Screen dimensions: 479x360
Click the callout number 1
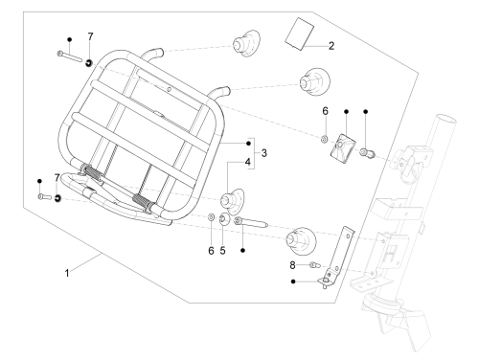click(67, 274)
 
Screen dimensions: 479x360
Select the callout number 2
click(331, 46)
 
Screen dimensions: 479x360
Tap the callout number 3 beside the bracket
click(263, 153)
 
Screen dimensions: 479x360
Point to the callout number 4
click(248, 162)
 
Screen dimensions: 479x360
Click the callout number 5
click(222, 251)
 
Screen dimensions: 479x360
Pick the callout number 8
click(292, 265)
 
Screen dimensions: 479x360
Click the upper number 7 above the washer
click(90, 37)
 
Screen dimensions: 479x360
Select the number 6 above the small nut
click(325, 111)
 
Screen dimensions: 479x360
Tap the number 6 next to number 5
click(211, 251)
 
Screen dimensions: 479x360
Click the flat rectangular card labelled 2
click(299, 34)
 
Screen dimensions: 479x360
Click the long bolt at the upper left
click(70, 56)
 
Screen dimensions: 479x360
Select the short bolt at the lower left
click(45, 197)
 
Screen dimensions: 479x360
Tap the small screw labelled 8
click(314, 265)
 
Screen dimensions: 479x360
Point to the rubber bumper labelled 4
click(232, 201)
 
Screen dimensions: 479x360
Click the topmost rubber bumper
click(246, 43)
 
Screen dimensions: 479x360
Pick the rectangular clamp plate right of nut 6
click(343, 146)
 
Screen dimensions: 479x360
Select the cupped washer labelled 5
click(224, 219)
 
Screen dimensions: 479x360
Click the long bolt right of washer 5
click(251, 222)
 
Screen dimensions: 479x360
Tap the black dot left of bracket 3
click(248, 144)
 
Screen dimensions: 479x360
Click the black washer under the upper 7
click(89, 63)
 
